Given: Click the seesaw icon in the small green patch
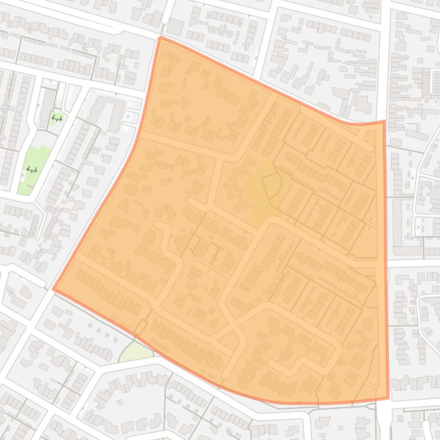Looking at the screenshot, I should click(57, 118).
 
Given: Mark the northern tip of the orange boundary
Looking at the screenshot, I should click(161, 38).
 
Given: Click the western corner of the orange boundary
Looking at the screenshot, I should click(54, 289).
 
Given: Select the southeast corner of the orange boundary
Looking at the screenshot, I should click(388, 398).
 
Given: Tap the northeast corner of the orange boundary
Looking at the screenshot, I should click(383, 121).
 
